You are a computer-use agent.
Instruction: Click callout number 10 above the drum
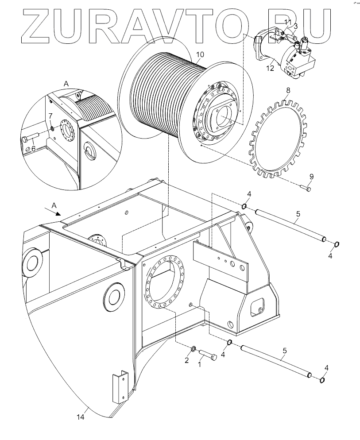pyautogui.click(x=200, y=54)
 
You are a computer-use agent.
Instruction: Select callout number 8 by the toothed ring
pyautogui.click(x=288, y=90)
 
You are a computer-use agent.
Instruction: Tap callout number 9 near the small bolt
pyautogui.click(x=311, y=177)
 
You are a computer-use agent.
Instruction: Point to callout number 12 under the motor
pyautogui.click(x=271, y=68)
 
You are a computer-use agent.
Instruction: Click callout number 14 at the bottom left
pyautogui.click(x=80, y=417)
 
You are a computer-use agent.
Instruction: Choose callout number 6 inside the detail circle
pyautogui.click(x=33, y=148)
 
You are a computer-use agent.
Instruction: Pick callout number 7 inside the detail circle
pyautogui.click(x=50, y=116)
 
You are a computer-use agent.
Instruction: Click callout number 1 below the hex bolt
pyautogui.click(x=199, y=364)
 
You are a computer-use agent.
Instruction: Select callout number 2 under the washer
pyautogui.click(x=187, y=360)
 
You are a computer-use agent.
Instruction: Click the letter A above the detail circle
pyautogui.click(x=66, y=83)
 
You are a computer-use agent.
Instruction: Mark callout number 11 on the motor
pyautogui.click(x=287, y=22)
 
